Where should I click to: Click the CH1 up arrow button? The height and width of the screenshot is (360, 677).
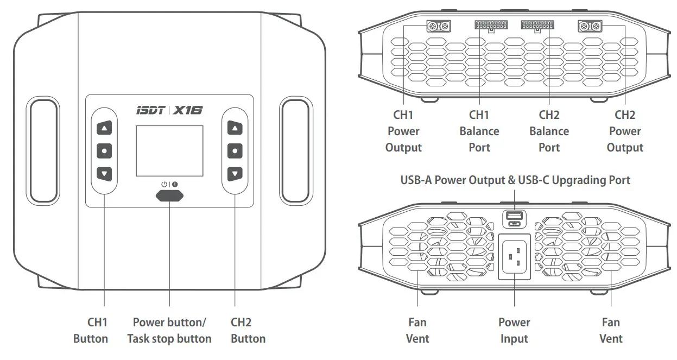104,129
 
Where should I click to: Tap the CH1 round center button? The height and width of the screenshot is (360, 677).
104,150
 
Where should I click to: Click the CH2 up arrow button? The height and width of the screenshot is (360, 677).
235,129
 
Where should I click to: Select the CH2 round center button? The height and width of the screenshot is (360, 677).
235,150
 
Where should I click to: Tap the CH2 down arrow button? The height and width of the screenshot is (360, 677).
235,174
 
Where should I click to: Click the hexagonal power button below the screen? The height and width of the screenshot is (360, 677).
169,196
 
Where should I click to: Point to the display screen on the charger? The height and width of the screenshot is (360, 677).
169,151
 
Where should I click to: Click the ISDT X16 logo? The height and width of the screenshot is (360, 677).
169,110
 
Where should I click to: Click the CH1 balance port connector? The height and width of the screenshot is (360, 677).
490,25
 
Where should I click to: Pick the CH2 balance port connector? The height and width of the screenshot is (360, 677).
536,25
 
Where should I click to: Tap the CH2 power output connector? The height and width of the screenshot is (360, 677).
590,26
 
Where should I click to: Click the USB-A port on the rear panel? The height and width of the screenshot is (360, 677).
513,216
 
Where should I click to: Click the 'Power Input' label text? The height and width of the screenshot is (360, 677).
514,330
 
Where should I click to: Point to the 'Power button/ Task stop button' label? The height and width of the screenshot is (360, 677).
169,330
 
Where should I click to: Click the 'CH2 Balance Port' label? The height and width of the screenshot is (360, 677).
549,131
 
